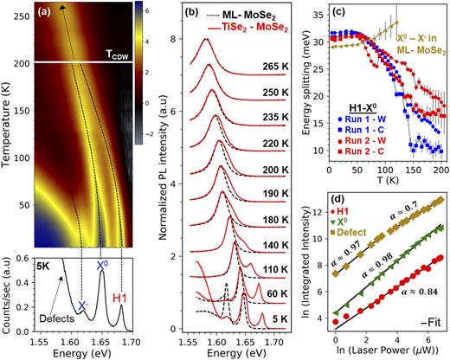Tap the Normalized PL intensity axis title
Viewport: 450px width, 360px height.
tap(174, 173)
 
